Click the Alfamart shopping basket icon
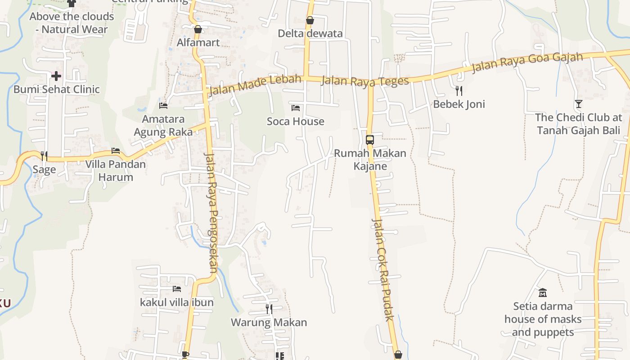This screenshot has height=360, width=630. (x=198, y=30)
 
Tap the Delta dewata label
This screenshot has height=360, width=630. (x=310, y=33)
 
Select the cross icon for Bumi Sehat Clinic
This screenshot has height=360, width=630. (x=56, y=76)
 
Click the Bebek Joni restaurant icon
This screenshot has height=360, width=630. (x=459, y=91)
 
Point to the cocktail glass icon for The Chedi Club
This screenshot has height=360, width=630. (x=579, y=104)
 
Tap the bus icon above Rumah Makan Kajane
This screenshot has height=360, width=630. (x=370, y=139)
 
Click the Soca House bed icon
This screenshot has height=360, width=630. (x=296, y=108)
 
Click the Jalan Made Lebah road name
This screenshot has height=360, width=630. (x=255, y=85)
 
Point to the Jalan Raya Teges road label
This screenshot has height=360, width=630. (x=365, y=81)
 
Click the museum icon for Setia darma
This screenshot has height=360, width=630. (x=543, y=293)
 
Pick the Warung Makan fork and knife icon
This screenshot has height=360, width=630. (x=269, y=309)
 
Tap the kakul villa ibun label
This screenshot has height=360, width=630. (x=177, y=302)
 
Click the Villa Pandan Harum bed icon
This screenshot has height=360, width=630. (x=116, y=151)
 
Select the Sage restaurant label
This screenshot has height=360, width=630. (x=44, y=170)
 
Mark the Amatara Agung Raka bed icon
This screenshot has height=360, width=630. (x=163, y=106)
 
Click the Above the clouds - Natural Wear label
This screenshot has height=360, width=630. (x=72, y=23)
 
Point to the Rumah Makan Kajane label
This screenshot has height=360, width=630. (x=370, y=159)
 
